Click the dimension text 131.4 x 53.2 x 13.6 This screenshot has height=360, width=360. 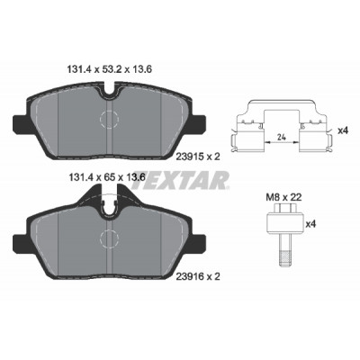pyautogui.click(x=109, y=69)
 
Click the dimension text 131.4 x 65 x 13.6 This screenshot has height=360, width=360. pyautogui.click(x=105, y=177)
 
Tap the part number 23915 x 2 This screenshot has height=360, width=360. pyautogui.click(x=198, y=156)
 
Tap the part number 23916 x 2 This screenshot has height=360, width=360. pyautogui.click(x=198, y=276)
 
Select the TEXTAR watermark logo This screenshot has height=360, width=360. pyautogui.click(x=180, y=180)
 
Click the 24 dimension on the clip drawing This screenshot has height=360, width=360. pyautogui.click(x=281, y=138)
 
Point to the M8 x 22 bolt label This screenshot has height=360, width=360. pyautogui.click(x=283, y=197)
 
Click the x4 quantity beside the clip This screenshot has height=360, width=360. pyautogui.click(x=343, y=130)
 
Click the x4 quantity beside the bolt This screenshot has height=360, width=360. pyautogui.click(x=310, y=224)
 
